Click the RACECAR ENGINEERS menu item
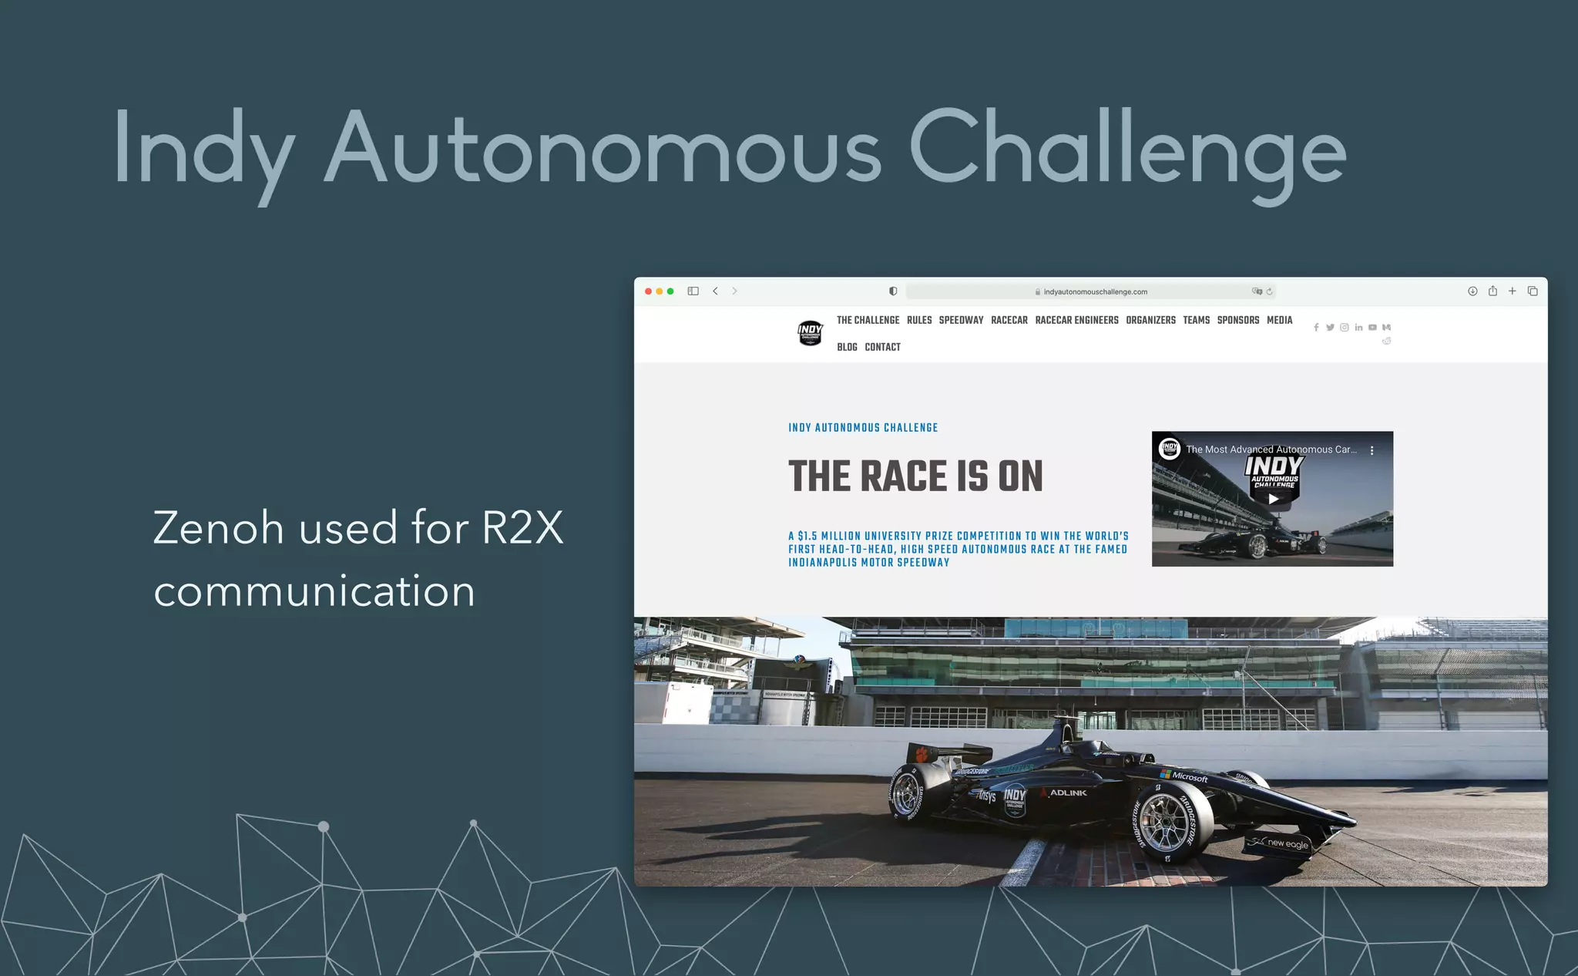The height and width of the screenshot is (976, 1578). point(1076,320)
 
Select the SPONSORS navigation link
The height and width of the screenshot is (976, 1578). point(1237,320)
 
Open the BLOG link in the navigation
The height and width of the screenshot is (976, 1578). point(847,347)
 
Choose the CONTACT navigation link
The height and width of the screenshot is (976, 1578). point(882,347)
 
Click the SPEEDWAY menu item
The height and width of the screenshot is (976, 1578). point(961,320)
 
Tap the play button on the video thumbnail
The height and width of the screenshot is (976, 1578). point(1273,499)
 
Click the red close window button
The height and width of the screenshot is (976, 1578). point(648,291)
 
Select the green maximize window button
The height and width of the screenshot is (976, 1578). point(670,291)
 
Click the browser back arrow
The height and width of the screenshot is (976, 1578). point(715,291)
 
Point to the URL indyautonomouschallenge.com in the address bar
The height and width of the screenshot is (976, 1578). point(1095,292)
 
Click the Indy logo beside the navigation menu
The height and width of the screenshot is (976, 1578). point(810,333)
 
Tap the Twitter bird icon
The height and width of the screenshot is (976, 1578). point(1330,328)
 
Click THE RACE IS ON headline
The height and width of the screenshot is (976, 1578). point(915,476)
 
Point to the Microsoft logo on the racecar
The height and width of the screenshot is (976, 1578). point(1184,776)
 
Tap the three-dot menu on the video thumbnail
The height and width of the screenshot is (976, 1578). point(1372,450)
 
